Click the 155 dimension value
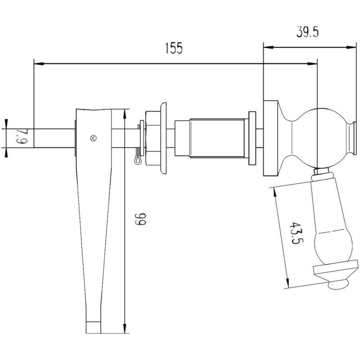[x=174, y=48]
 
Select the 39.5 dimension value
[x=307, y=31]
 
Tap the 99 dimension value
[x=140, y=220]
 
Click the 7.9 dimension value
[x=22, y=136]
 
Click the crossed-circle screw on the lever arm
[x=93, y=138]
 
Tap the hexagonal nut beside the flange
[x=153, y=138]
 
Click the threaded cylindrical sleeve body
[x=217, y=138]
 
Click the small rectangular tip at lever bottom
[x=94, y=328]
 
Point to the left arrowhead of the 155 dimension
[x=39, y=63]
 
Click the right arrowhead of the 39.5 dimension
[x=351, y=47]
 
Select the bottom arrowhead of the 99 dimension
[x=125, y=328]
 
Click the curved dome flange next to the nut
[x=163, y=138]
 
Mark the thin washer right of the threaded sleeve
[x=252, y=138]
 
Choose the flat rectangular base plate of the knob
[x=271, y=138]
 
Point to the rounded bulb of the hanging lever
[x=333, y=246]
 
